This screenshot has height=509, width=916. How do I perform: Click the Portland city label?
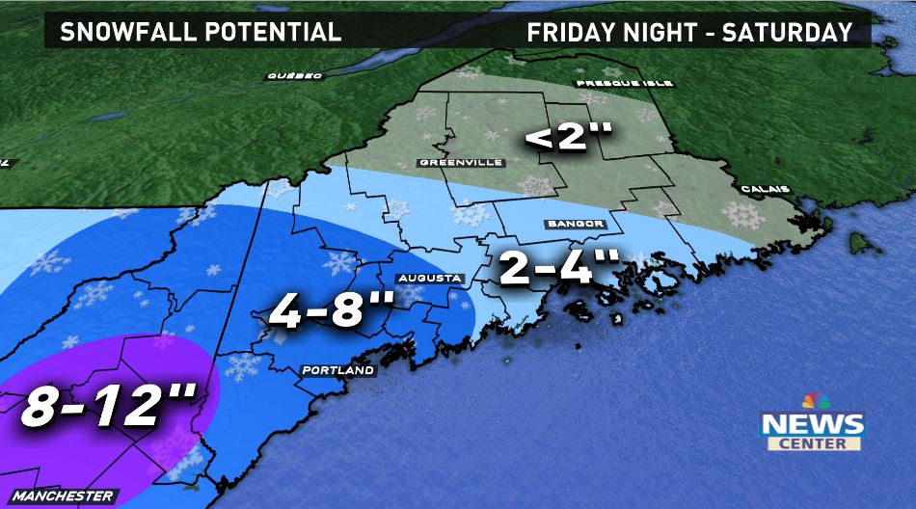[337, 370]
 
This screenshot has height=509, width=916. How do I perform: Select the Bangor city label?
[574, 224]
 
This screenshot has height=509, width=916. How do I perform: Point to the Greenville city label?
[461, 163]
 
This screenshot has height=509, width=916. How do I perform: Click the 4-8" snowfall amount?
[331, 310]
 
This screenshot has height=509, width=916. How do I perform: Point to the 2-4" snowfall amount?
[559, 267]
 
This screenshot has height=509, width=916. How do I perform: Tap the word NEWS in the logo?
[813, 424]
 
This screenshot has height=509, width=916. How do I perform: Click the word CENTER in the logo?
[815, 443]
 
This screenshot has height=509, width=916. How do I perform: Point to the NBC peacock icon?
[816, 401]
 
